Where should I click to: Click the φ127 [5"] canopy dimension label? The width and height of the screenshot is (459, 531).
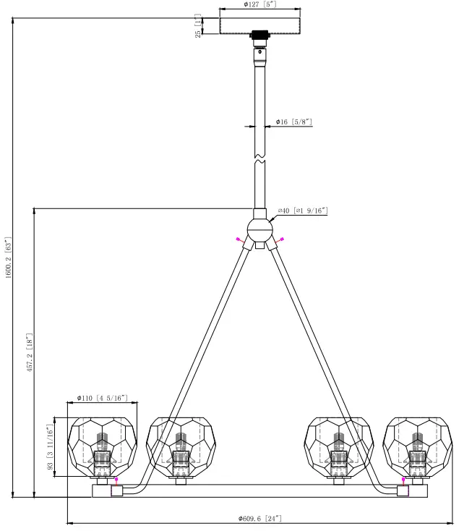pos(259,4)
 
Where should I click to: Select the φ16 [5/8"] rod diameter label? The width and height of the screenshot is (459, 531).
pos(293,122)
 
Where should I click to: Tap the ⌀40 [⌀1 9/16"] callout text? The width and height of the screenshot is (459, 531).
pos(303,211)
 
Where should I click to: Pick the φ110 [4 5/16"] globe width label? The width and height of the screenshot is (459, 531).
pos(102,398)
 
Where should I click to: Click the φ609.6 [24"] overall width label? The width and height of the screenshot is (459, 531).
pos(259,518)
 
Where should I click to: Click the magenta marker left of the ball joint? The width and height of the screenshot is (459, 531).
pos(237,239)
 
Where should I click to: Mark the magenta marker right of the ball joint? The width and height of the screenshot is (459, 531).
pos(282,239)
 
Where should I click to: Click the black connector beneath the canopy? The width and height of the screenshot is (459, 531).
pos(259,35)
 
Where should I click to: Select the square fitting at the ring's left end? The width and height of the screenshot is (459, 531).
pos(116,491)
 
